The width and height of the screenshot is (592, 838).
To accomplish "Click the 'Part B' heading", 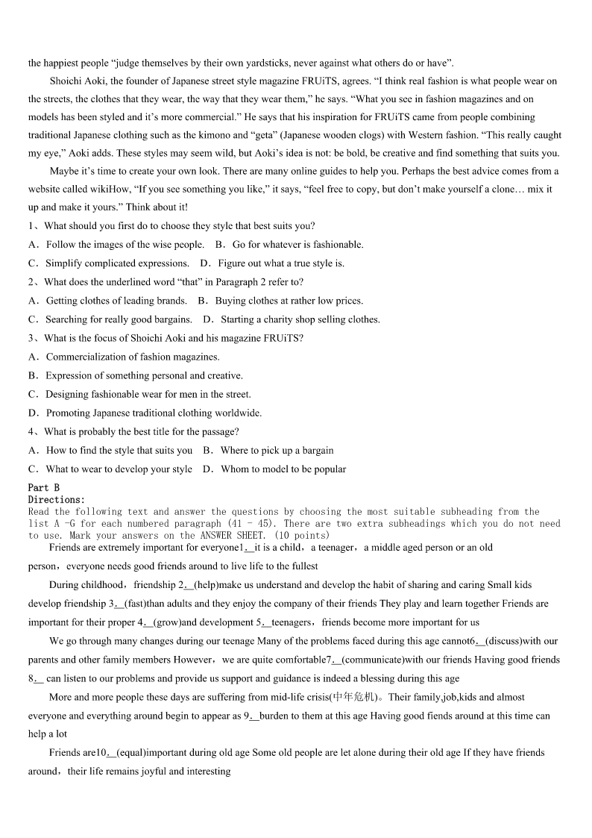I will [x=43, y=488].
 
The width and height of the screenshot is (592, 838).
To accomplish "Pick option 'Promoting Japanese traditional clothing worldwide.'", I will [x=154, y=413].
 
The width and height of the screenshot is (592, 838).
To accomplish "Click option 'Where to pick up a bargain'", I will [x=277, y=451].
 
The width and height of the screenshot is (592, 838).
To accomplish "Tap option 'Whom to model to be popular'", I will [x=283, y=469].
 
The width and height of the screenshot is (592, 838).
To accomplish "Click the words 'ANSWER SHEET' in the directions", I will [x=225, y=535].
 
